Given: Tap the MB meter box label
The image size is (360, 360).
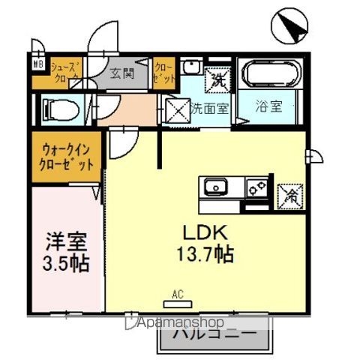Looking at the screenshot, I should (37, 64).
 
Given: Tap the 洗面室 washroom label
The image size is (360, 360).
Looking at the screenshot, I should (209, 108).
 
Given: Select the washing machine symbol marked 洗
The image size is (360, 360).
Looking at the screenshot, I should (218, 76).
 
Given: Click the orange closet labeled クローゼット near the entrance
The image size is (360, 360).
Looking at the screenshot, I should (165, 72).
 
